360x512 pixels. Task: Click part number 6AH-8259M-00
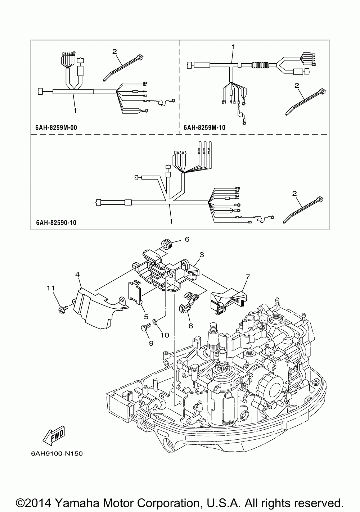[x=57, y=128]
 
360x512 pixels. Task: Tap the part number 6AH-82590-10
[x=56, y=223]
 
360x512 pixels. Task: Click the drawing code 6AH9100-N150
[x=54, y=454]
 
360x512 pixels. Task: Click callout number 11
[x=51, y=288]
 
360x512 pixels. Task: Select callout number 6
[x=187, y=239]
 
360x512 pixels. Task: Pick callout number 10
[x=165, y=335]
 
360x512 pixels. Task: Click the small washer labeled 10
[x=154, y=320]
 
